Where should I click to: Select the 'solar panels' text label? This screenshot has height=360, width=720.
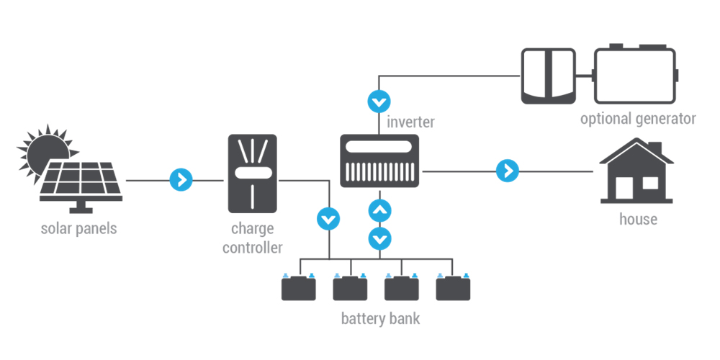(78, 229)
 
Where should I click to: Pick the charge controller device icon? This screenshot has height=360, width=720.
(252, 173)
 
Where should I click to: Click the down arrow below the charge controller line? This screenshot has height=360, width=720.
(329, 217)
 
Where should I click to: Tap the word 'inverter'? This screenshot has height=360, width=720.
(410, 122)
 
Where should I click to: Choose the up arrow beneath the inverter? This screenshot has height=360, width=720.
(380, 210)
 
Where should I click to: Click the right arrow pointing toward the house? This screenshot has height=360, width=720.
(507, 171)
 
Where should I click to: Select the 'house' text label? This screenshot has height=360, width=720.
(638, 219)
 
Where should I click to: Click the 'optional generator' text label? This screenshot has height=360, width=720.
(638, 118)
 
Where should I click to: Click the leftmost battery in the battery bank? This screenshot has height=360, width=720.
(298, 287)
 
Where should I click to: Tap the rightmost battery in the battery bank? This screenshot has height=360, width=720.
(454, 287)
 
